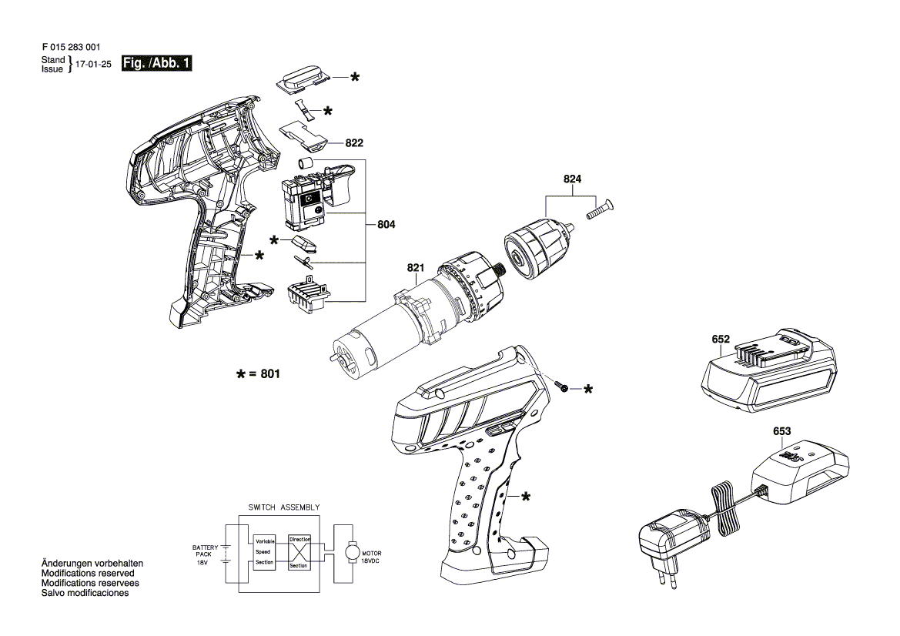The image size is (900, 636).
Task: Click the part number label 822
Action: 354,143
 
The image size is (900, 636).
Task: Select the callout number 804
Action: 386,224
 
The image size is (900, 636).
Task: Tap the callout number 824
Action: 572,179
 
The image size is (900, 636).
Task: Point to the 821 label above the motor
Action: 416,267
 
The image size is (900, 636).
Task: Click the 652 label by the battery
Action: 721,340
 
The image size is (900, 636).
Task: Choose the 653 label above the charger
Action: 781,431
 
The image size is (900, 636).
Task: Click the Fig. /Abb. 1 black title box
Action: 157,63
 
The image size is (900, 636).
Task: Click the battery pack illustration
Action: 768,370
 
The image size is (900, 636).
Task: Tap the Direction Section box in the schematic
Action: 299,552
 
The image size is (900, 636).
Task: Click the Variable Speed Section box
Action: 265,552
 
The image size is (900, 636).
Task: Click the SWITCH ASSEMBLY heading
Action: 284,507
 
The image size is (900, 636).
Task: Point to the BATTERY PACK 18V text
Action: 205,555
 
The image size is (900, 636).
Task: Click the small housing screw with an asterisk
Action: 563,387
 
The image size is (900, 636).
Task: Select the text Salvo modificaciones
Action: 85,593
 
